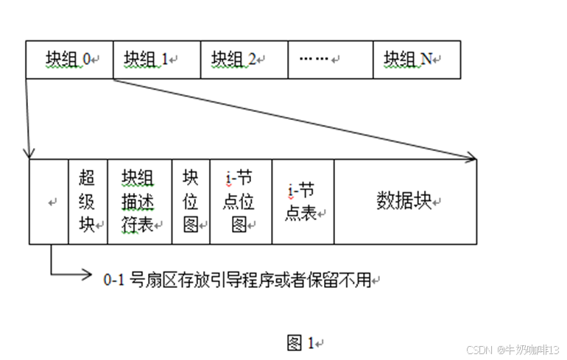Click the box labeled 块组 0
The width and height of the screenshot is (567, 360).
(69, 59)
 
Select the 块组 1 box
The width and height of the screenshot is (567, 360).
(157, 59)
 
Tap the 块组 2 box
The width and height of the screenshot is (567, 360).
(244, 59)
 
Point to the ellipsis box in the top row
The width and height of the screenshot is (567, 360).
(330, 59)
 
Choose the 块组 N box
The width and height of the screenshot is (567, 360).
(417, 59)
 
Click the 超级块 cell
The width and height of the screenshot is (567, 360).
(88, 201)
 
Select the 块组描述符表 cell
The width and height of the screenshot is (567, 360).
(139, 201)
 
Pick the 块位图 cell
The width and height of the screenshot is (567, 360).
(191, 201)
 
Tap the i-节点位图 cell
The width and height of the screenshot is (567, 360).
(241, 201)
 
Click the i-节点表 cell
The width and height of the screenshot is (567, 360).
(303, 201)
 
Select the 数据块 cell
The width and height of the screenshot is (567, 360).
(405, 201)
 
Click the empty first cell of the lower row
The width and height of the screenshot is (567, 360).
(49, 201)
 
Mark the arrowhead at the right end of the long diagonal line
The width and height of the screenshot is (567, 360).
(472, 155)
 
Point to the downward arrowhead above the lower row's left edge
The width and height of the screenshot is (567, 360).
(29, 153)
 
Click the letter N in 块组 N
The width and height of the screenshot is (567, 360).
(426, 59)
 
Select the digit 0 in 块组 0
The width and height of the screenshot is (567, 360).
(87, 59)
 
